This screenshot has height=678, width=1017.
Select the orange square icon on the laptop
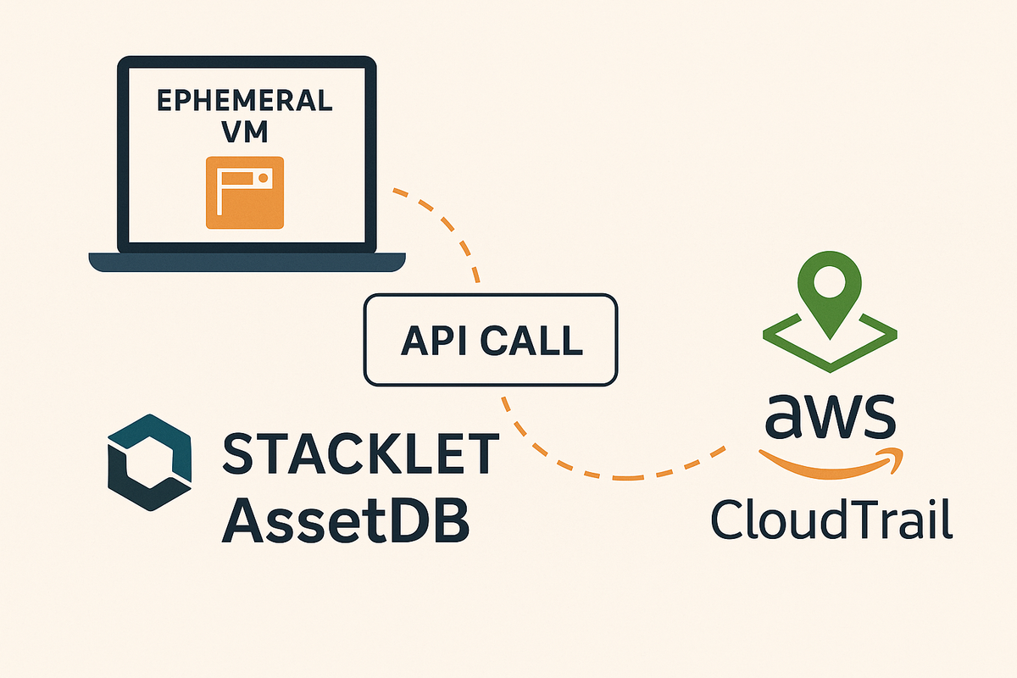246,192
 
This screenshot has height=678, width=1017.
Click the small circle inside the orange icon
264,179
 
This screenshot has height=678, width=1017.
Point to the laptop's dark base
247,262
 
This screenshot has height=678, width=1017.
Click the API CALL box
491,339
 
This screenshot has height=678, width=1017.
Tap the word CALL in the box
531,340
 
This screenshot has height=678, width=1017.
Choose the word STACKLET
360,454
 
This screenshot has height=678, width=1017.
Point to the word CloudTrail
831,518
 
